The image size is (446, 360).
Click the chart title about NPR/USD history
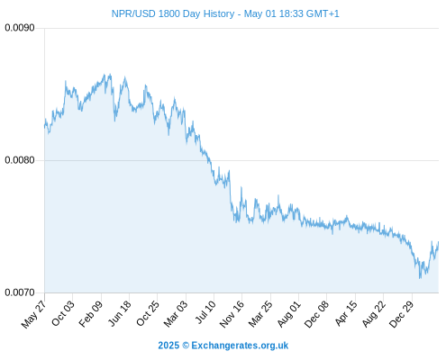click(225, 13)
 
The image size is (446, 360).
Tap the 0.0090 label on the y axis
click(20, 28)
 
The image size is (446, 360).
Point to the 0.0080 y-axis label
click(20, 160)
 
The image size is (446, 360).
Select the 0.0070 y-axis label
click(20, 292)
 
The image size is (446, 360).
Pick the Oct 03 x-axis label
click(62, 313)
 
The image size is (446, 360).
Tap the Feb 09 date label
click(90, 314)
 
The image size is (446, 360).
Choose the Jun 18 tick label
click(119, 313)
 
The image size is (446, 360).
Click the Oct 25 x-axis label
click(147, 313)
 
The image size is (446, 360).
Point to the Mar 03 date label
click(175, 313)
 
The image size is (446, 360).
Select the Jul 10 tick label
click(205, 312)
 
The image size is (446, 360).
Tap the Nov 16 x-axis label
click(232, 314)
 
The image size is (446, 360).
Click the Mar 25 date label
click(260, 313)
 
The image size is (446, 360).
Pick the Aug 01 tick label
click(288, 313)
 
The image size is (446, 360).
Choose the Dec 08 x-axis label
click(316, 314)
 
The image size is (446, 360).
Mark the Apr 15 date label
click(346, 313)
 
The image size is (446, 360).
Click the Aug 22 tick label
click(373, 314)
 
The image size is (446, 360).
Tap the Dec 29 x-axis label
click(401, 314)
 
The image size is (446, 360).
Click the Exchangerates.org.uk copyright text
click(223, 346)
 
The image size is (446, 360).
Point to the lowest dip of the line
click(420, 278)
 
